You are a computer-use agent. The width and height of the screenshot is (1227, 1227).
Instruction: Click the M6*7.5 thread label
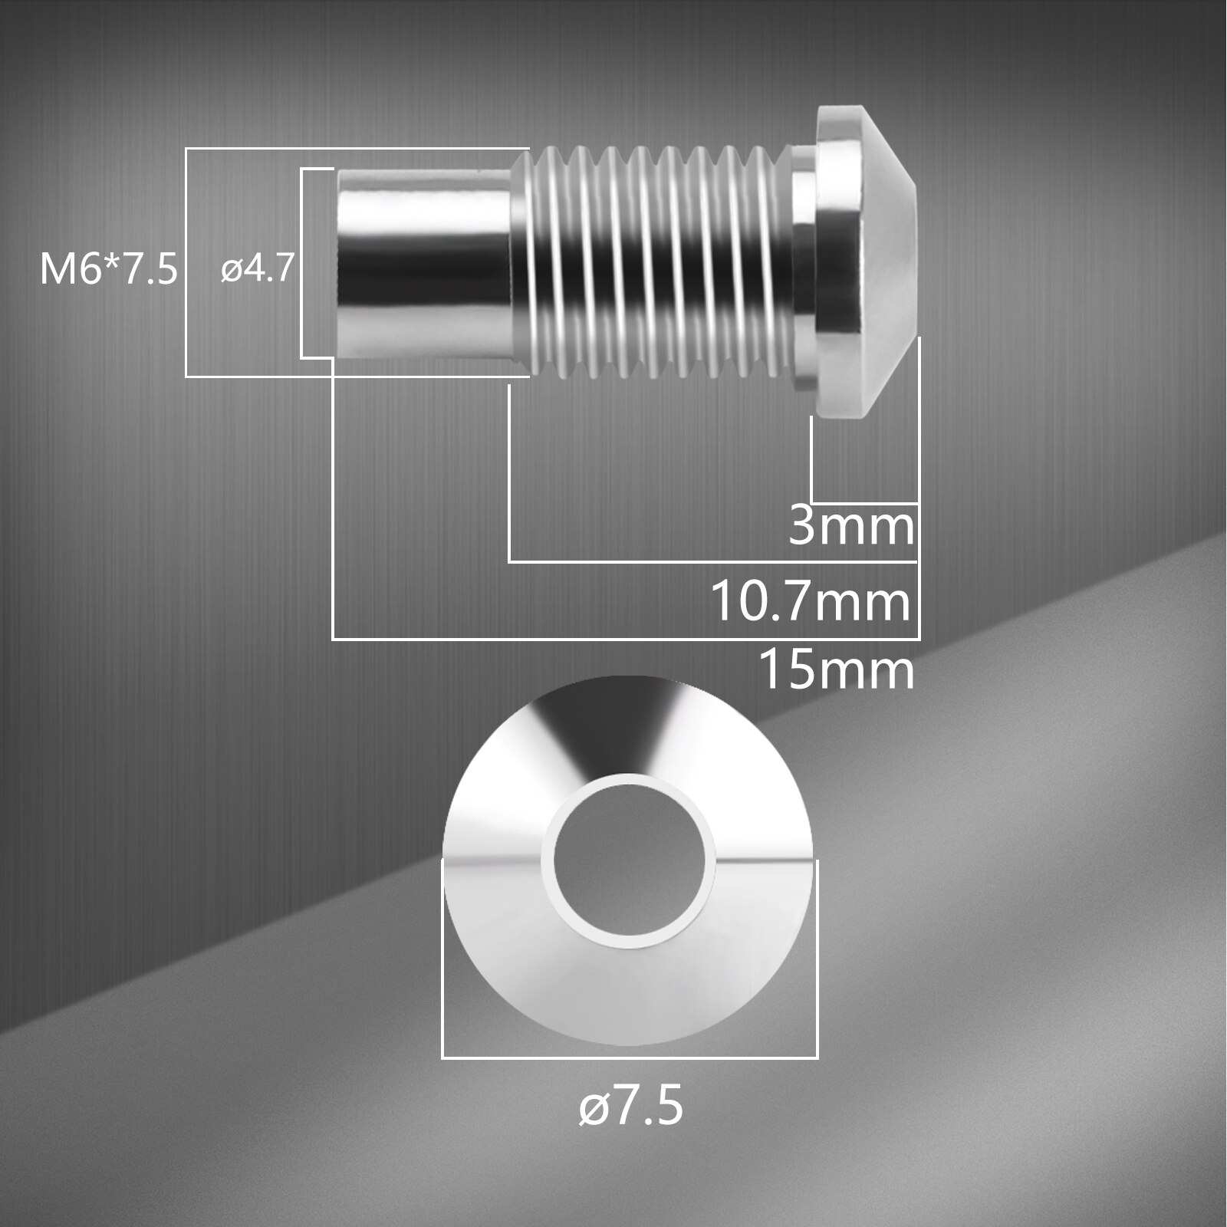pos(108,270)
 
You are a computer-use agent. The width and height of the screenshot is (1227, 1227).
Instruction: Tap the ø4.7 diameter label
pos(257,269)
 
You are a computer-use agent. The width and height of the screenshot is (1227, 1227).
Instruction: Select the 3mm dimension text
pos(851,528)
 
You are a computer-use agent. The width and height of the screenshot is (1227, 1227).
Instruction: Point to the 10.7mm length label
pos(811,601)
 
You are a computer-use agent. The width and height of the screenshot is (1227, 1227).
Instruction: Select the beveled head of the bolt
pos(867,261)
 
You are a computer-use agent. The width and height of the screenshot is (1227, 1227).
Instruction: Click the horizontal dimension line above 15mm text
pos(625,639)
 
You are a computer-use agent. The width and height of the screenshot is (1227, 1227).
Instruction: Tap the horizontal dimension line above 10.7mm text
pos(713,562)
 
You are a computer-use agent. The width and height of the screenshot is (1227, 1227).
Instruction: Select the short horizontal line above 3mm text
pos(864,503)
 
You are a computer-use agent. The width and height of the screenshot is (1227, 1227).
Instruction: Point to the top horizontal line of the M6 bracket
pos(357,148)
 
